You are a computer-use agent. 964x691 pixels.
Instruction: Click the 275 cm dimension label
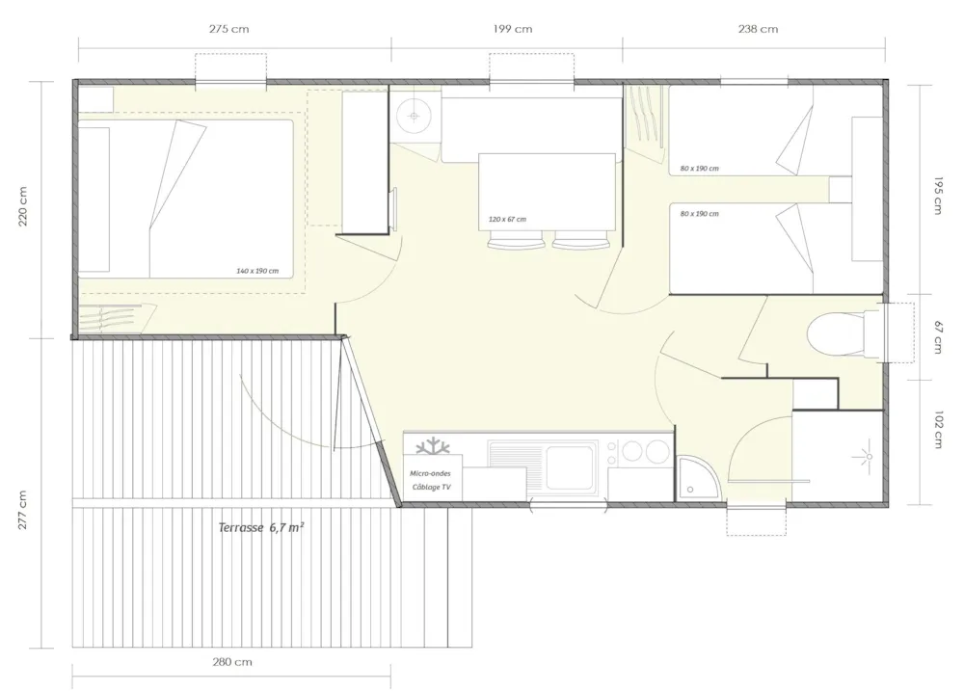228,29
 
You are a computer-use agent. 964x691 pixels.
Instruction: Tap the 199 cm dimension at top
513,29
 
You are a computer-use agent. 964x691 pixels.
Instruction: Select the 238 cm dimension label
758,29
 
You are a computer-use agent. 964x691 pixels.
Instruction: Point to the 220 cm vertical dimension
23,206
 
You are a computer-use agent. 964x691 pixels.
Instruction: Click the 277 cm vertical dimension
23,510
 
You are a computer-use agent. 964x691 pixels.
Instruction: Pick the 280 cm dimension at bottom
232,662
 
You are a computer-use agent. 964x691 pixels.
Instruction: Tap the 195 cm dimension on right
938,196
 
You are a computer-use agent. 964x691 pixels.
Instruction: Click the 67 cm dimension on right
938,337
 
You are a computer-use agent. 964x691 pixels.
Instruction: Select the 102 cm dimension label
938,430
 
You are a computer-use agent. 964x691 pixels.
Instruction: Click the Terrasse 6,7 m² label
261,527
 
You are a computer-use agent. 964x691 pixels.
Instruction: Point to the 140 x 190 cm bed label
257,271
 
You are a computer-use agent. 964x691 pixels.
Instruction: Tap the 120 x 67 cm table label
507,219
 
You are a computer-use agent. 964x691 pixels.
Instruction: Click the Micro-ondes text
430,473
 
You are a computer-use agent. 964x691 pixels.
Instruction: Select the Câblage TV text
432,487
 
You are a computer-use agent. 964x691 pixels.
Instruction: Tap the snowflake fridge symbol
434,445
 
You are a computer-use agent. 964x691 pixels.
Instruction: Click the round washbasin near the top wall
414,116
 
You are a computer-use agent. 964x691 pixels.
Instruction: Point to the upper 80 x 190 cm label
700,168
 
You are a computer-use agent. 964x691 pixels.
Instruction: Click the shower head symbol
869,456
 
